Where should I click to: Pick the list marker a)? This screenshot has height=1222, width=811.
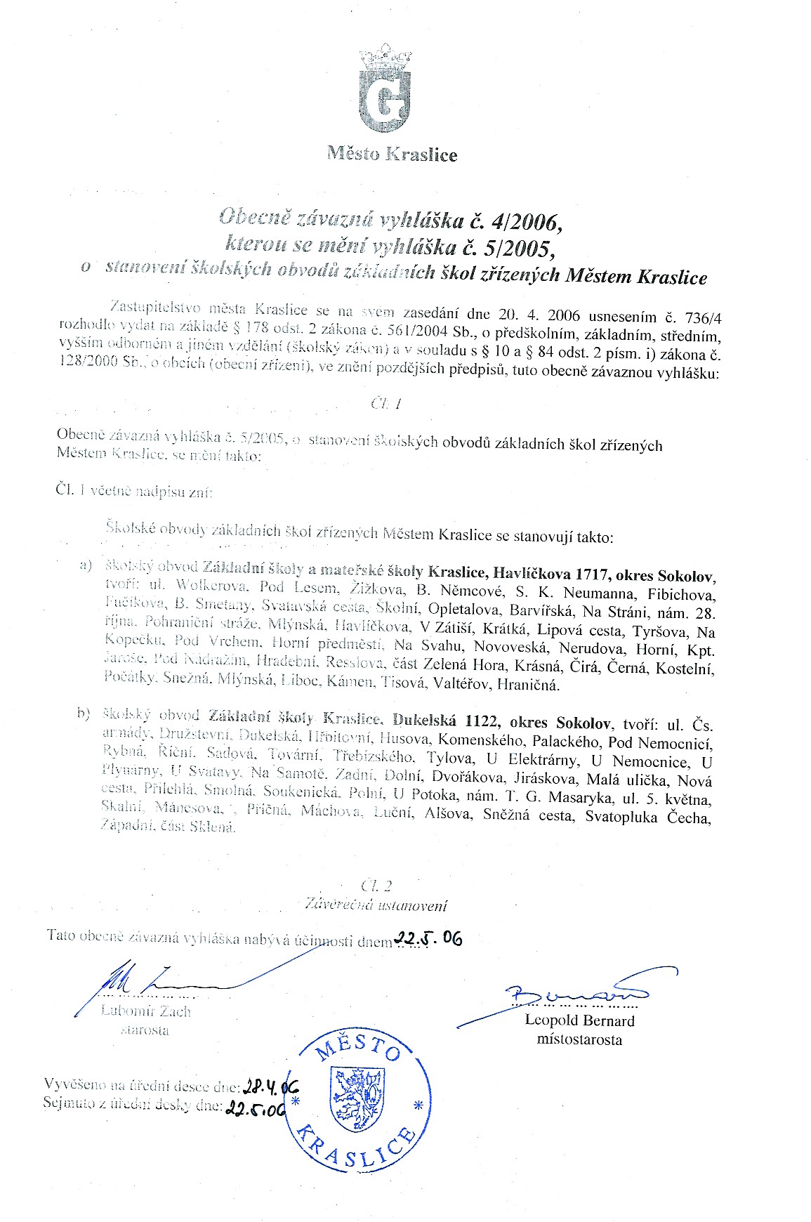(86, 566)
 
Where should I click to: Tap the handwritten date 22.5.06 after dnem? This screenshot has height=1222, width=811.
(428, 939)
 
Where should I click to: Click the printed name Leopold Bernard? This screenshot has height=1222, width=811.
(579, 1020)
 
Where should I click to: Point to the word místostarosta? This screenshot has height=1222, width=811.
(579, 1039)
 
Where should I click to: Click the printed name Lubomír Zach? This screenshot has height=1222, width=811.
(146, 1011)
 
